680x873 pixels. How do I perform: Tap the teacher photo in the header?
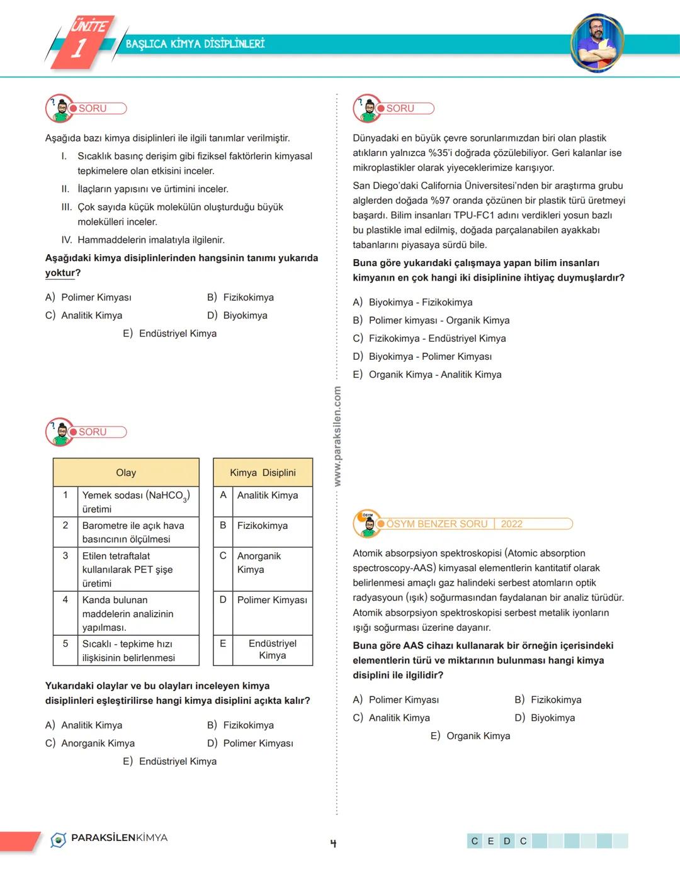click(596, 43)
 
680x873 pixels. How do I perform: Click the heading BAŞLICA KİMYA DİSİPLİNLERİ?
click(195, 43)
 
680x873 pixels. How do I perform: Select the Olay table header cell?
click(126, 472)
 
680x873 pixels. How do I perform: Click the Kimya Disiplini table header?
click(263, 472)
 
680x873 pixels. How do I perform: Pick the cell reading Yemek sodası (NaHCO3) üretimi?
click(135, 502)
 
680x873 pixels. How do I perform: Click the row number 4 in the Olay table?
click(65, 600)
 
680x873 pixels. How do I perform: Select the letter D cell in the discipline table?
click(223, 600)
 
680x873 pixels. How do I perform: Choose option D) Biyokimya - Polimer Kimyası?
click(429, 357)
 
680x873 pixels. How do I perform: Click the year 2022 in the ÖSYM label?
click(511, 524)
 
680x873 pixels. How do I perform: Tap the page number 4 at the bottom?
click(333, 843)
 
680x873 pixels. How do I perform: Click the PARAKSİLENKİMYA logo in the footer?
click(110, 838)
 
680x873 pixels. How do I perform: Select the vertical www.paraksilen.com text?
click(337, 436)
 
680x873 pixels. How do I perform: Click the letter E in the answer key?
click(491, 841)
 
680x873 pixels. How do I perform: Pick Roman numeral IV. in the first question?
click(67, 240)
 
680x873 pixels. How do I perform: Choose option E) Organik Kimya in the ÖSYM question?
click(470, 736)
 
